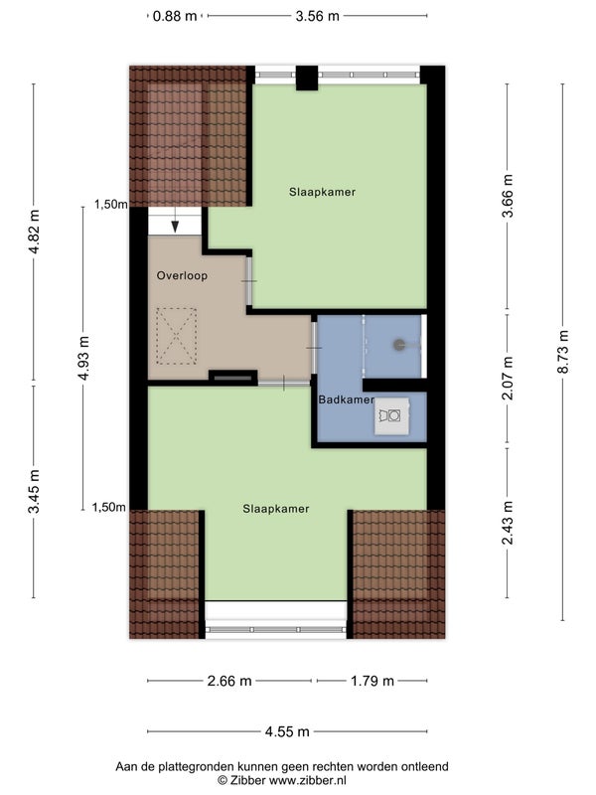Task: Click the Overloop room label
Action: click(x=182, y=276)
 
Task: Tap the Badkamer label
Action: click(x=346, y=399)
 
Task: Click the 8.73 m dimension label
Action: click(x=563, y=352)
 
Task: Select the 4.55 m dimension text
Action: click(x=287, y=731)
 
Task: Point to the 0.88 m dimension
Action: click(x=175, y=16)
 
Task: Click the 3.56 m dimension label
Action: click(x=317, y=16)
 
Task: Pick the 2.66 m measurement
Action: click(x=229, y=681)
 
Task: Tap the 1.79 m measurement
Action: click(x=372, y=681)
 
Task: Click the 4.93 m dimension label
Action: click(x=84, y=358)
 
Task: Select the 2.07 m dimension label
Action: click(x=508, y=378)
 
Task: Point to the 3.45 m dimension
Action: click(x=34, y=491)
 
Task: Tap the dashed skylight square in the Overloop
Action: click(x=176, y=336)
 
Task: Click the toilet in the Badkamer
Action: click(x=391, y=415)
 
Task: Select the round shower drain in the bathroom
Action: click(x=399, y=345)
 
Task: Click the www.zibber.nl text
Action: click(x=307, y=780)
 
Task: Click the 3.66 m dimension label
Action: click(x=508, y=196)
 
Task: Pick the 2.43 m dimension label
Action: click(x=508, y=523)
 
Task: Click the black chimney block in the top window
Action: click(x=307, y=79)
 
